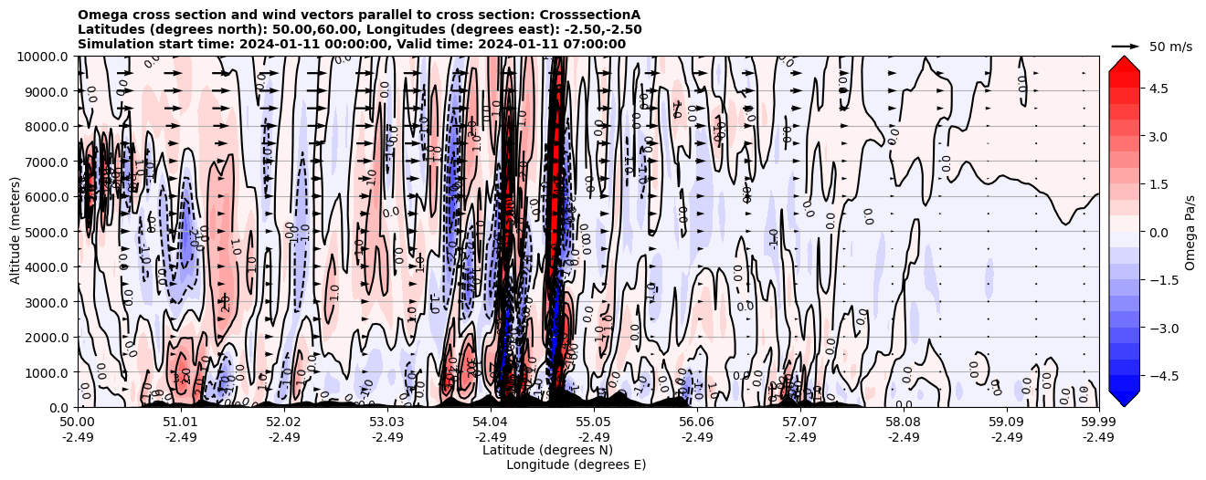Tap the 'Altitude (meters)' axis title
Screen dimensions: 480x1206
[16, 232]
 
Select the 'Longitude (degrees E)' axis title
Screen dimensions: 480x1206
[576, 464]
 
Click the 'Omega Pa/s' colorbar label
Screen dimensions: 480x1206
[1190, 232]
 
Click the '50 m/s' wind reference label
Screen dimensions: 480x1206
[1170, 47]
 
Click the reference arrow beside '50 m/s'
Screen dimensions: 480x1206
[1126, 46]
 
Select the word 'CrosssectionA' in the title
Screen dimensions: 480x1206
[593, 15]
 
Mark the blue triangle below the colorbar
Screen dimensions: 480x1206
[1124, 399]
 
